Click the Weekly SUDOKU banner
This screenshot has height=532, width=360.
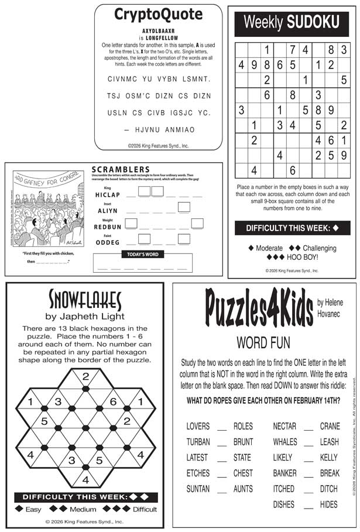292,23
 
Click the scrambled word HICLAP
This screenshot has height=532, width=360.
107,194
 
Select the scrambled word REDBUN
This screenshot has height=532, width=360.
107,226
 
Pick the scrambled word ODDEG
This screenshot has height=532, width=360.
107,242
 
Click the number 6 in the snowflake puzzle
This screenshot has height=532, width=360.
113,402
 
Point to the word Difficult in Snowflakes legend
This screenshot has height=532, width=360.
145,509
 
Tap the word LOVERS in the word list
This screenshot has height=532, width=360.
198,427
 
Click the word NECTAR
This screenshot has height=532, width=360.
284,427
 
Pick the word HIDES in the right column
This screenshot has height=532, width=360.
328,504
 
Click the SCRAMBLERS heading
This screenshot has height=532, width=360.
121,170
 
